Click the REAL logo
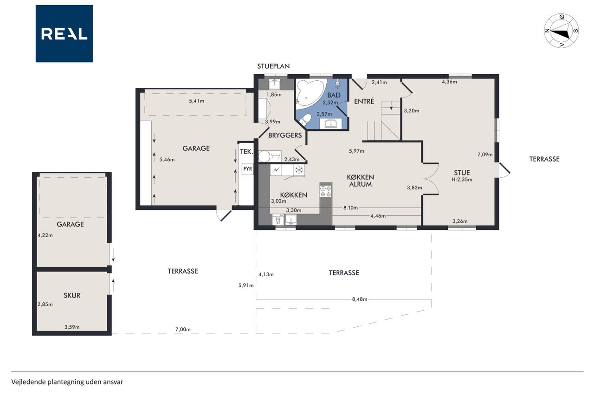tap(64, 34)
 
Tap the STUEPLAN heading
tap(273, 66)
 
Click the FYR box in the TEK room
tap(247, 169)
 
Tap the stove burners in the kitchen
tap(326, 191)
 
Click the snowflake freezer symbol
tap(299, 170)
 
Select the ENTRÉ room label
tap(364, 101)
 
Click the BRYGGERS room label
tap(285, 135)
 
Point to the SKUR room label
tap(72, 295)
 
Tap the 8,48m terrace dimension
tap(359, 299)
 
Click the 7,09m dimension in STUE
tap(485, 155)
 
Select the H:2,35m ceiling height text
tap(462, 180)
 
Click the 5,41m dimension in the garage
tap(196, 101)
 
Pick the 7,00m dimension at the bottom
tap(183, 330)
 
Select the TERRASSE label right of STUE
tap(544, 159)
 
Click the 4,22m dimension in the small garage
tap(45, 235)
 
